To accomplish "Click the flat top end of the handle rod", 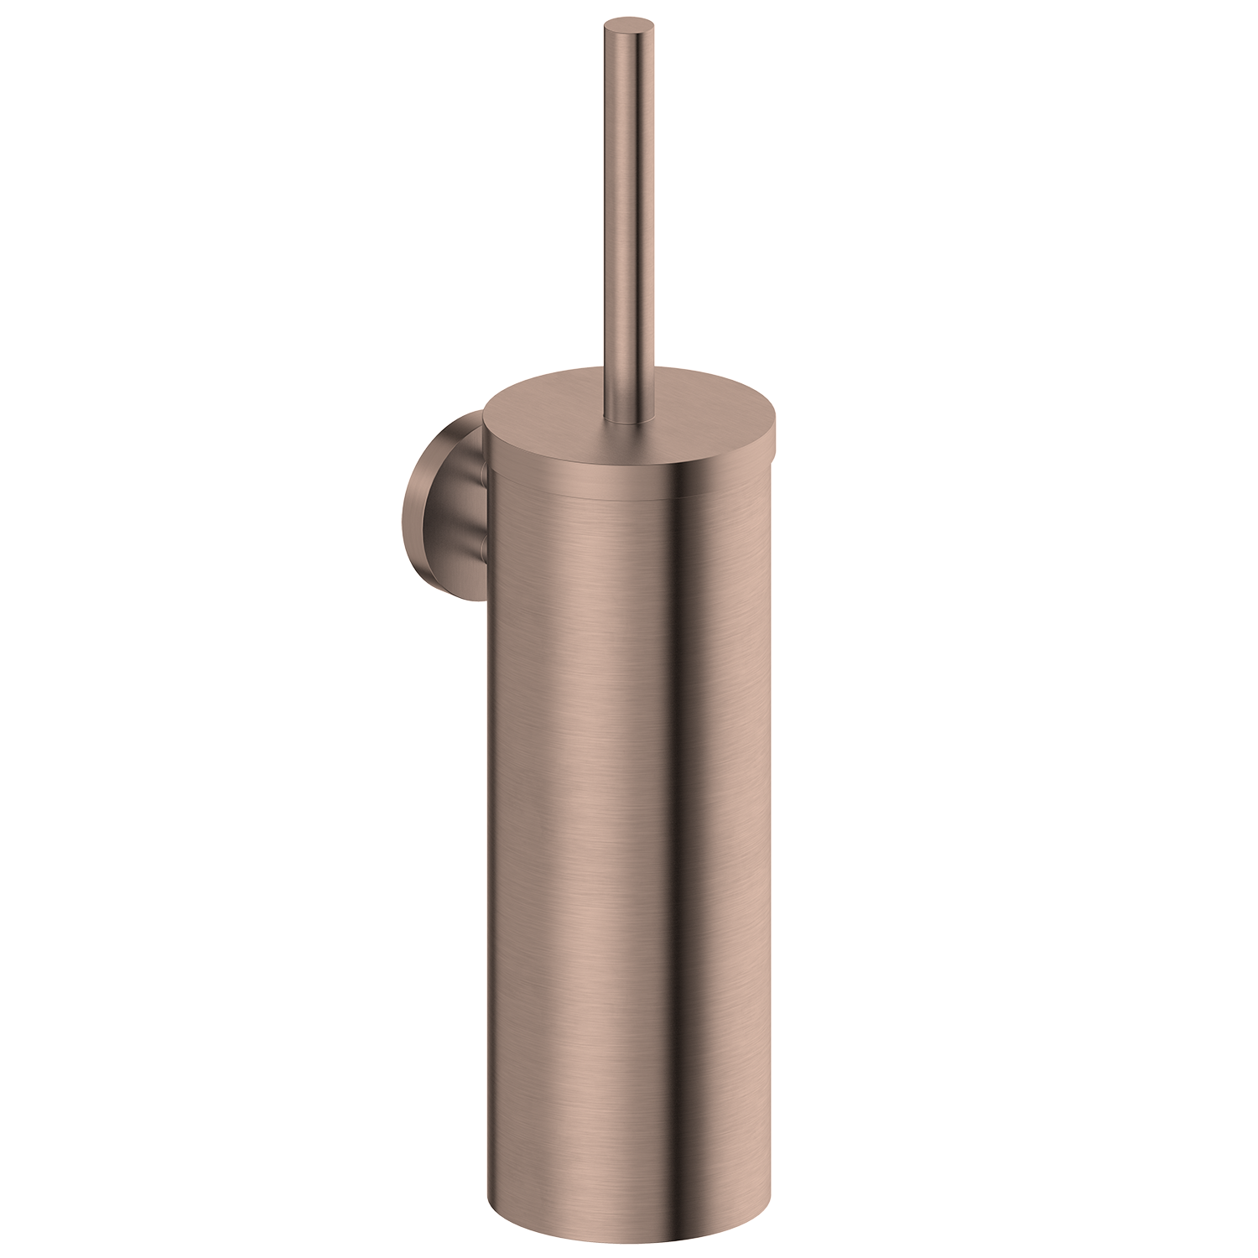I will click(628, 23).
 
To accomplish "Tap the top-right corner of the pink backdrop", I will click(855, 18).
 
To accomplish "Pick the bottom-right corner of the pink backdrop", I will click(855, 1240).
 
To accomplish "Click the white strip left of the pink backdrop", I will click(201, 629).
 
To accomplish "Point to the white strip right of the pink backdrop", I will click(1057, 629).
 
